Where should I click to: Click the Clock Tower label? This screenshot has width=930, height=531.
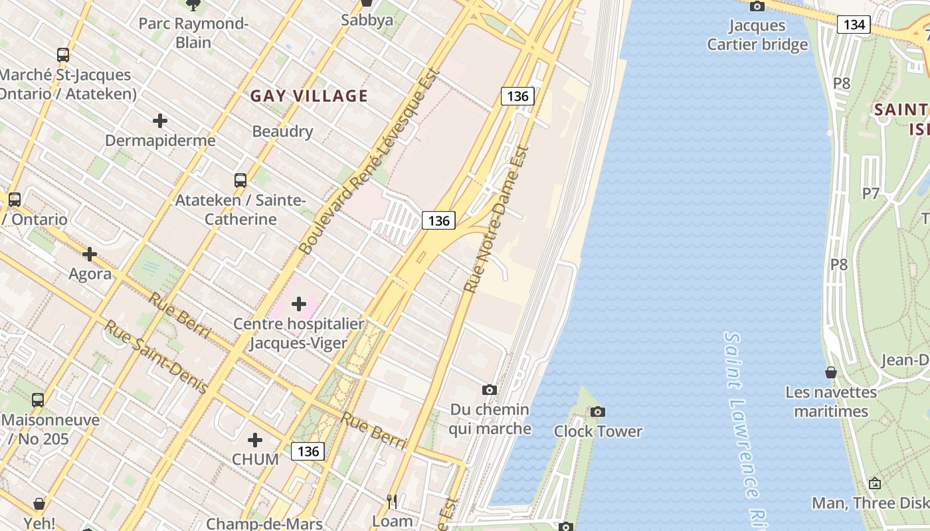598,431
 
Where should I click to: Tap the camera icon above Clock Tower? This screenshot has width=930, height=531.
598,412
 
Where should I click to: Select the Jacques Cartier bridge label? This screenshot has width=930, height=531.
757,35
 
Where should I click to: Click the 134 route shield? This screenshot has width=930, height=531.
854,25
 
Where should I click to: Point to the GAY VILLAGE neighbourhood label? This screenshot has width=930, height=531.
309,96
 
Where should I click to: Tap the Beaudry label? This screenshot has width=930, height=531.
282,131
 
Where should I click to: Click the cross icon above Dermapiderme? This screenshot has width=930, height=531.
160,121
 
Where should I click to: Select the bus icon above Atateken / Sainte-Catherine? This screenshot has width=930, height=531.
240,180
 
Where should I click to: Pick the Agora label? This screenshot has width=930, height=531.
90,273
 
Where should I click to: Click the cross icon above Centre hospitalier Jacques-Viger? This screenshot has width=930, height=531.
299,304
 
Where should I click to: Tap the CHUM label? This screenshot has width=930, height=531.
255,459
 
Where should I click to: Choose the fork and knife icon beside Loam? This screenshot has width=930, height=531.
392,501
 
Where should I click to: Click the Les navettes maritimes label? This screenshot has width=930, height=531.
831,402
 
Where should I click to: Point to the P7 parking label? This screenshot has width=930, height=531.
871,194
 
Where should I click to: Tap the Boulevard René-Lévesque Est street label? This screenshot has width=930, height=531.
369,161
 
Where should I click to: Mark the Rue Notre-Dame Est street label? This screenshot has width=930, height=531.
496,220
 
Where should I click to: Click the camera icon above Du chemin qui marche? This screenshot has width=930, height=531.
490,390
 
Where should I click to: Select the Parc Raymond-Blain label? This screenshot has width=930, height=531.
193,33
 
